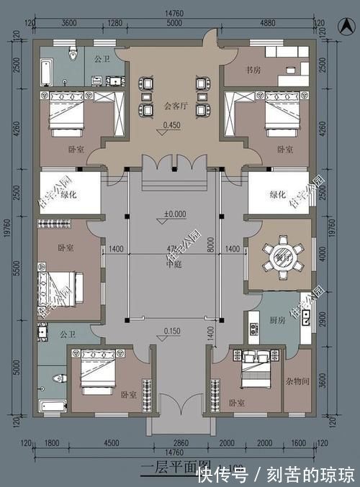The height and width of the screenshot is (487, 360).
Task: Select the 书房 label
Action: pyautogui.click(x=245, y=70)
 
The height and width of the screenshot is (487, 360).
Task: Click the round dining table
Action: pyautogui.click(x=279, y=255)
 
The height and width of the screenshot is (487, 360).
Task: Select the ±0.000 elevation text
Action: pyautogui.click(x=175, y=213)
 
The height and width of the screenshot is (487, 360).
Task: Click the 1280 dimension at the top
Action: pyautogui.click(x=114, y=23)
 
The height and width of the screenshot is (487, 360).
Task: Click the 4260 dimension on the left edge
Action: pyautogui.click(x=17, y=128)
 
